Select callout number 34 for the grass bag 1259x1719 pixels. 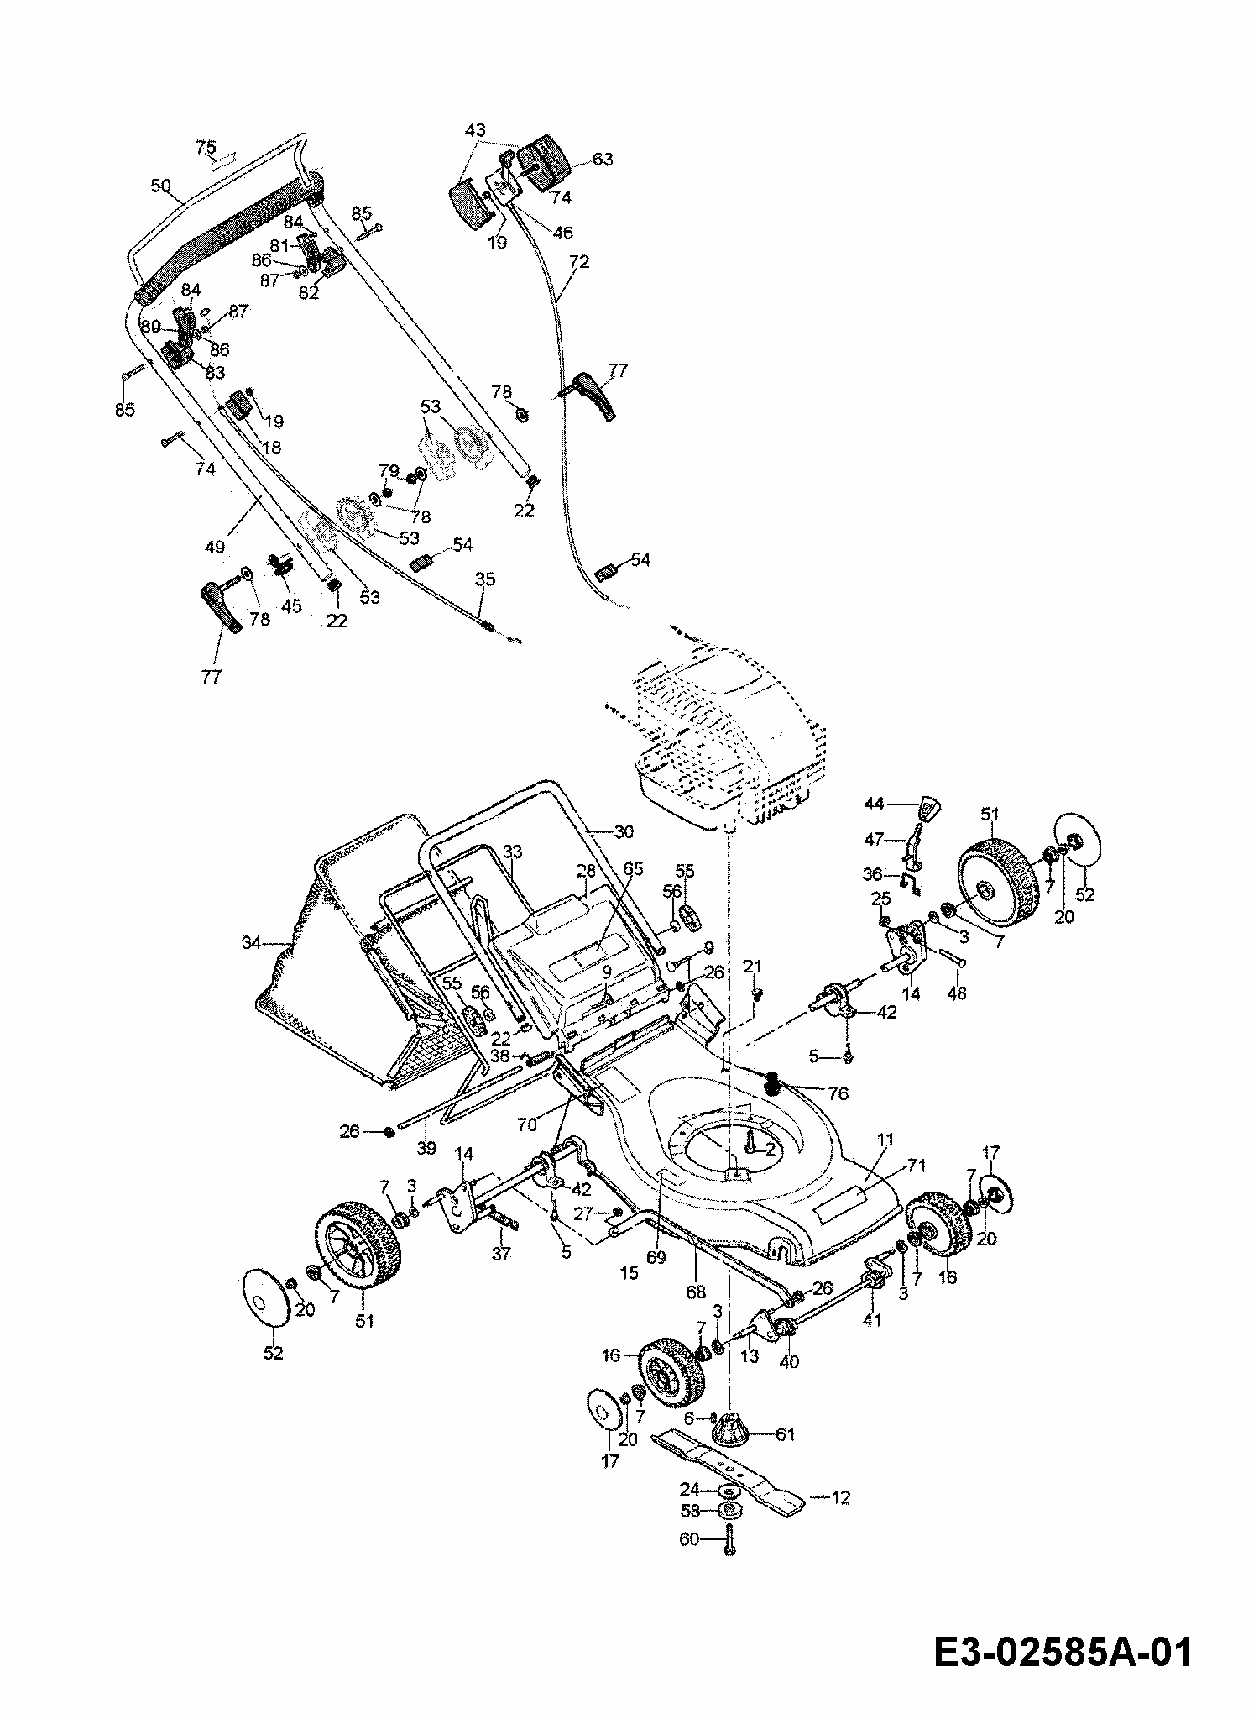click(x=252, y=943)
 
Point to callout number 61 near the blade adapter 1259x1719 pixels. click(x=784, y=1434)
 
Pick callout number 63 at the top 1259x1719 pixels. click(x=603, y=159)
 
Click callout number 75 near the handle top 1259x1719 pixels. click(x=206, y=147)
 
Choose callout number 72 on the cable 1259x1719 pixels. click(x=579, y=262)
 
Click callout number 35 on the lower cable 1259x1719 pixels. click(x=485, y=579)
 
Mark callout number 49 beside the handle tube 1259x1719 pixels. click(x=215, y=547)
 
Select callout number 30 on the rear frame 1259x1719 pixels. click(x=624, y=831)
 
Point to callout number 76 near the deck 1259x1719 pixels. click(x=838, y=1093)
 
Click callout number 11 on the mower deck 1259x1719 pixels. click(x=886, y=1140)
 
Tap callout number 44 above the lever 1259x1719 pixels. click(x=875, y=804)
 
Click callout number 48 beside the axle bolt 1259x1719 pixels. click(x=956, y=993)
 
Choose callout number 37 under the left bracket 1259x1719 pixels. click(x=501, y=1253)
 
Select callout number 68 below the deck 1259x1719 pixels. click(x=696, y=1292)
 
